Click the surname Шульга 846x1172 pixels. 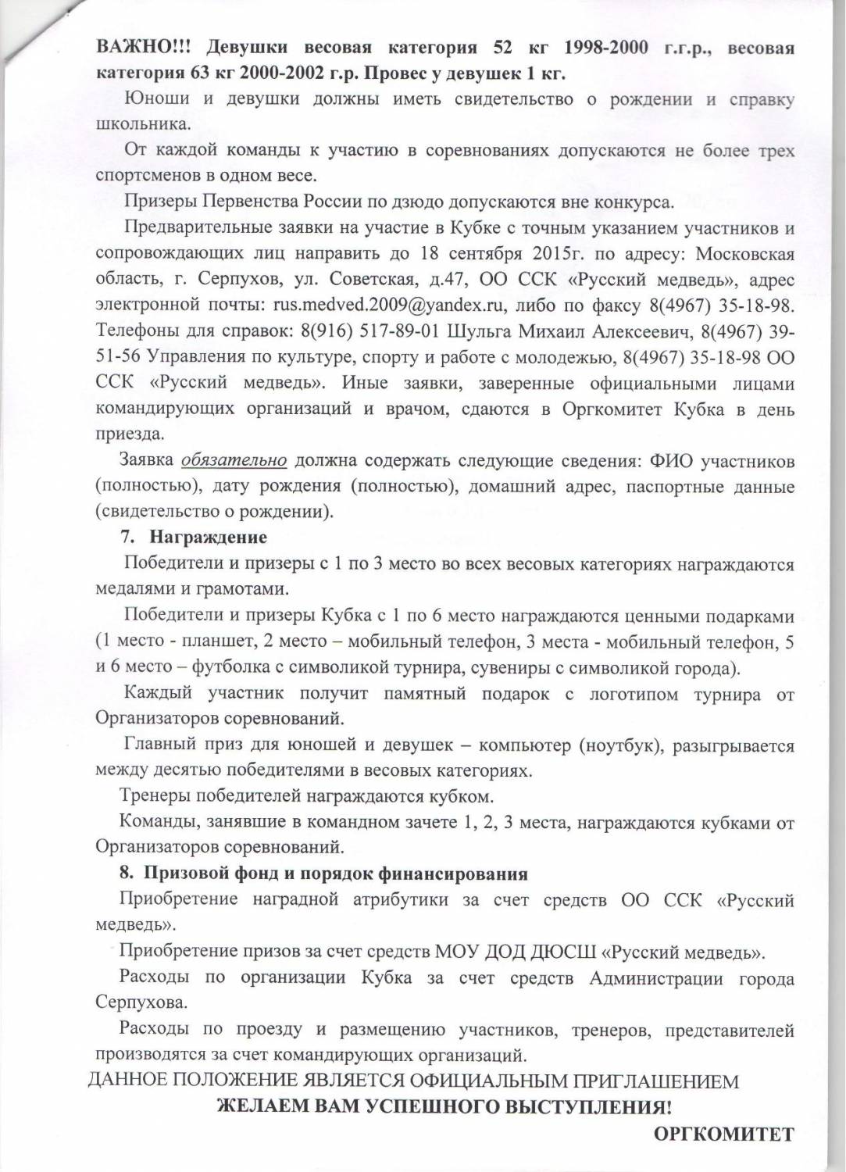[x=479, y=331]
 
